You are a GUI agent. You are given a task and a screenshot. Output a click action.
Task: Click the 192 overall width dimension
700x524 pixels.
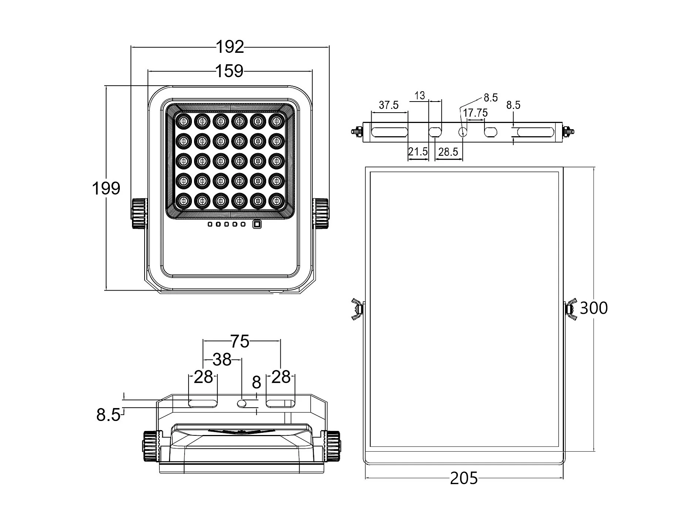point(230,47)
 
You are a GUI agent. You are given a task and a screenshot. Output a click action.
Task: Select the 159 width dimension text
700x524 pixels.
point(229,71)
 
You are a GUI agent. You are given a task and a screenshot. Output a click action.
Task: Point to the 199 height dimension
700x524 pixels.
point(106,188)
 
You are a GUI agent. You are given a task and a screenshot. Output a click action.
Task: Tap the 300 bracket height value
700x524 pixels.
point(594,308)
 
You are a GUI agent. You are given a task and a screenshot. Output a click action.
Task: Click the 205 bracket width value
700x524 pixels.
point(464,479)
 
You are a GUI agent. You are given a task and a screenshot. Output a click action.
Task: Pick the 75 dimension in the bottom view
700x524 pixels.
point(240,341)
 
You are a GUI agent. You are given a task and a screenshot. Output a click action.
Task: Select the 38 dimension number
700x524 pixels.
point(222,359)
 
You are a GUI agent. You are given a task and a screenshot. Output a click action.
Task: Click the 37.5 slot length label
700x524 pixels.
point(389,105)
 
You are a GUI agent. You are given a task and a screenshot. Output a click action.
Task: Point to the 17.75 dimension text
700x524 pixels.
point(475,113)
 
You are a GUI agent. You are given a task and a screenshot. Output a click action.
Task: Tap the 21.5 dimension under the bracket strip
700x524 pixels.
point(418,151)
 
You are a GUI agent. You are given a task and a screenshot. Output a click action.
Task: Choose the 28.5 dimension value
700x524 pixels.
point(448,152)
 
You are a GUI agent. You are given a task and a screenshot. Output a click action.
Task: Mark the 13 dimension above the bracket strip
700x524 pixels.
point(420,96)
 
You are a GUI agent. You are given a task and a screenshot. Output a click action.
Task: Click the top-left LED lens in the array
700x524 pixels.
point(183,120)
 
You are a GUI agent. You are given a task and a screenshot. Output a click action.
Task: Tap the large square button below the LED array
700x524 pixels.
point(257,224)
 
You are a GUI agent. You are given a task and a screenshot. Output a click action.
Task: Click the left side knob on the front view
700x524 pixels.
point(139,213)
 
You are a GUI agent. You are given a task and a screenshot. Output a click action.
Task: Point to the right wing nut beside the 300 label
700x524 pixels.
point(570,309)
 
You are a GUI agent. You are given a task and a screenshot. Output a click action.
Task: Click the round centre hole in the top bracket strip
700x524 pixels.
point(463,131)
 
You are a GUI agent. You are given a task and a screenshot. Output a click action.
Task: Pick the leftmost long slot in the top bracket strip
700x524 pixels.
point(389,131)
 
